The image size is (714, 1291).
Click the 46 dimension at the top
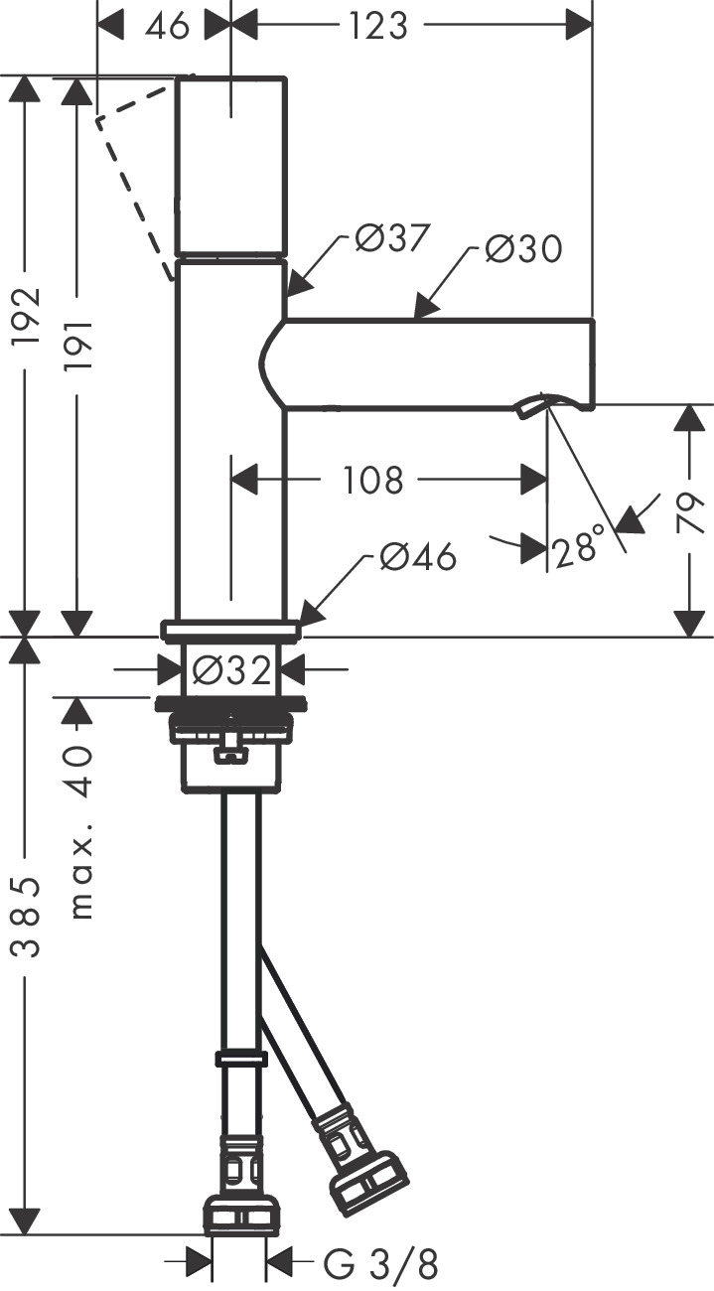(167, 26)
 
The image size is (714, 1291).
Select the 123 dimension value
(378, 26)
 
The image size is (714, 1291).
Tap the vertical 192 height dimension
(27, 316)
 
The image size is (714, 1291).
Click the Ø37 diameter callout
(392, 239)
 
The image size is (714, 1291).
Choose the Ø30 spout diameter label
(523, 248)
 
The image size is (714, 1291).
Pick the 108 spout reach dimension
(373, 481)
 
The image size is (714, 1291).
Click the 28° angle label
(580, 548)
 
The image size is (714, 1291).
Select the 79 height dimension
(692, 513)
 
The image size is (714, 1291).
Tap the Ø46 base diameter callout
(417, 558)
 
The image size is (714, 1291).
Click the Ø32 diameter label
(231, 672)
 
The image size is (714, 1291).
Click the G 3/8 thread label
(381, 1264)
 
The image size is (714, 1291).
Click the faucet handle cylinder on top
(231, 166)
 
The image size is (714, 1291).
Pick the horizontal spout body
(437, 363)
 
